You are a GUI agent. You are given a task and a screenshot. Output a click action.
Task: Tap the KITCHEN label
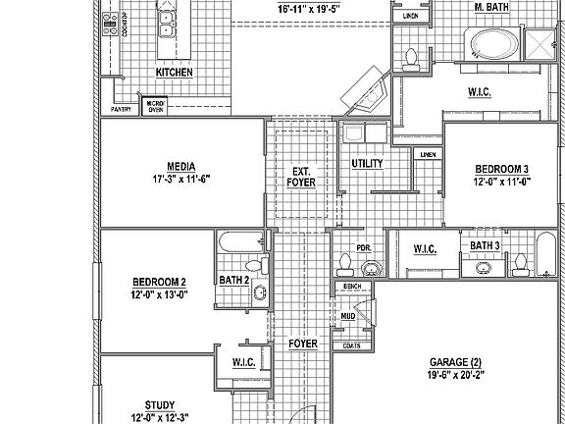174,73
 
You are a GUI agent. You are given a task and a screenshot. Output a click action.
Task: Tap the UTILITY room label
366,163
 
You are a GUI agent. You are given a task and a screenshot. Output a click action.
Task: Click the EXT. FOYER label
300,175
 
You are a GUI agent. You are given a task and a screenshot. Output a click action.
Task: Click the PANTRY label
121,110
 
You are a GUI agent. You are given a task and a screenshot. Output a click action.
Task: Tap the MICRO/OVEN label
155,107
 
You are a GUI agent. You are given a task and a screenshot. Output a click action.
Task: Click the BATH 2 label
233,281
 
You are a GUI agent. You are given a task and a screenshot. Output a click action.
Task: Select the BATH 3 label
485,245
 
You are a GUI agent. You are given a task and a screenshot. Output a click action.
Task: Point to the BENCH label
351,286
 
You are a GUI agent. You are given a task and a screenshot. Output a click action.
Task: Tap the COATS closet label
351,345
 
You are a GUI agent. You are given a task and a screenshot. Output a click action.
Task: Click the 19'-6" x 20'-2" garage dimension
454,374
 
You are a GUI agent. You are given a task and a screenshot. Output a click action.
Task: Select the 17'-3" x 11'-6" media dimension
181,180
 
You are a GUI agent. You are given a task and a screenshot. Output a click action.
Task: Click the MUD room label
348,317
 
